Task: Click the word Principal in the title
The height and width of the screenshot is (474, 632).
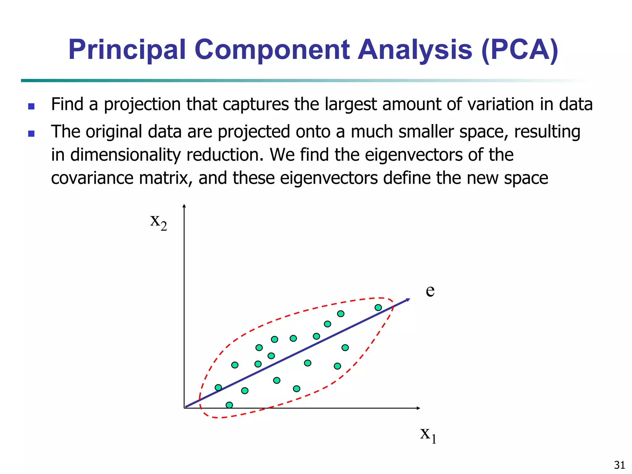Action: point(127,50)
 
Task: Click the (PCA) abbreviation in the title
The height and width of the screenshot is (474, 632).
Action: point(519,50)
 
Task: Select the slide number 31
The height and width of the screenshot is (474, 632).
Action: point(619,465)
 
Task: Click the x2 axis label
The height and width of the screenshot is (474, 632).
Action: point(158,222)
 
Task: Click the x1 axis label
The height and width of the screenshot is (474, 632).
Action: point(428,434)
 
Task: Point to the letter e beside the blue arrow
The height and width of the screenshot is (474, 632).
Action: point(430,291)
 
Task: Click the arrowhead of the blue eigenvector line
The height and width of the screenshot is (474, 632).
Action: point(408,300)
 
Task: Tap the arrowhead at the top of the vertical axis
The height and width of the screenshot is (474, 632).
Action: point(184,206)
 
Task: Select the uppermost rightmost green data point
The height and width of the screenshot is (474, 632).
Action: point(378,307)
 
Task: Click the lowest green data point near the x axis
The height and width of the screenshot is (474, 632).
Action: point(229,405)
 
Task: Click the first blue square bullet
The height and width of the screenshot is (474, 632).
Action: point(31,106)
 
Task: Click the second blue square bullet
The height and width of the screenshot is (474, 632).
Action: point(31,134)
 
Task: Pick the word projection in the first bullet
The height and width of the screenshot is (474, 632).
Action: point(142,104)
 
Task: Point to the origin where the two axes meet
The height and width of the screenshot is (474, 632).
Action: point(185,408)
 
